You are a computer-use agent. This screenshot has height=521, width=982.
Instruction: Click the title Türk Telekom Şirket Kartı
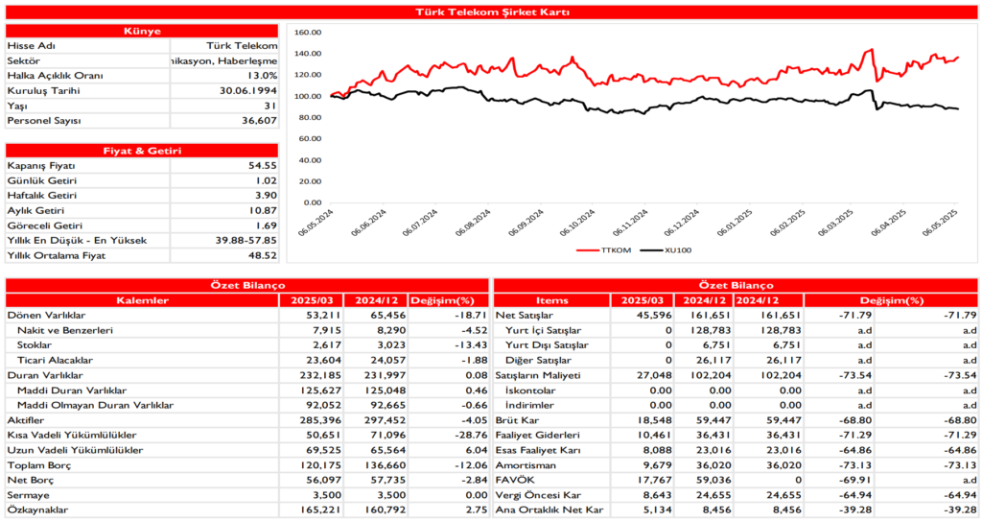tap(491, 12)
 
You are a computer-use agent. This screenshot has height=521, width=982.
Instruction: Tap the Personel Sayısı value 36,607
tap(254, 121)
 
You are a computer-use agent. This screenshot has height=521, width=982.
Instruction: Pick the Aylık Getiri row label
tap(35, 210)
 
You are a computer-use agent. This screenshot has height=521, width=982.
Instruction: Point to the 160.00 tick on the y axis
tap(307, 32)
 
